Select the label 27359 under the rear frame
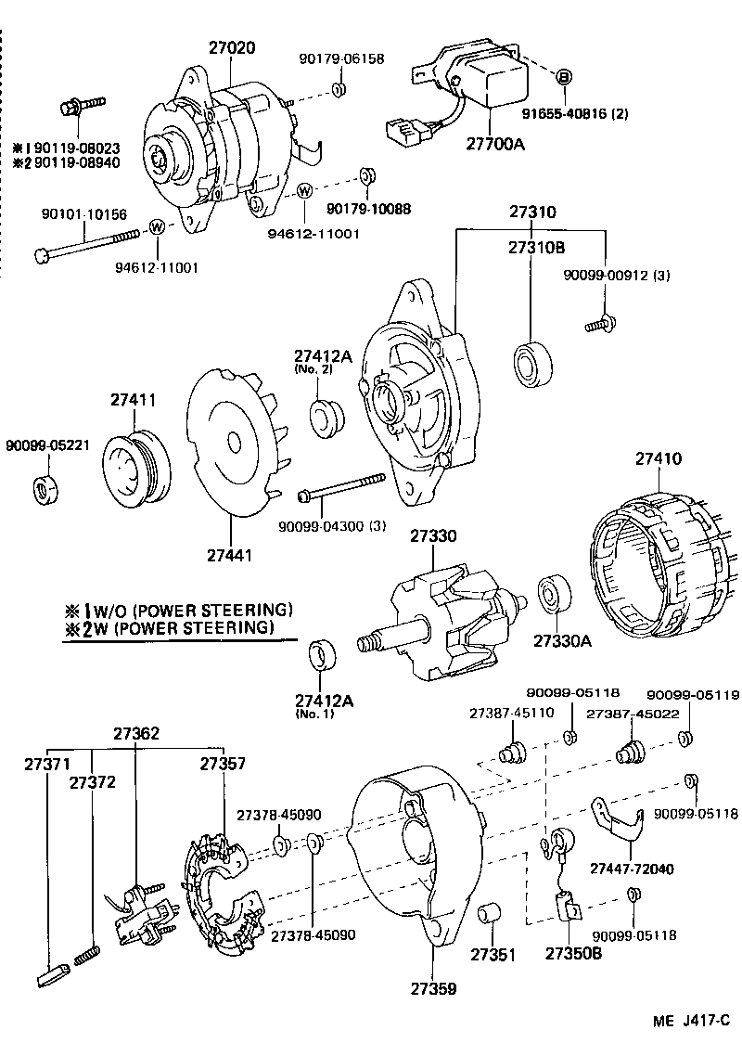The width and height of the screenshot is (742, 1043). click(x=436, y=989)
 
